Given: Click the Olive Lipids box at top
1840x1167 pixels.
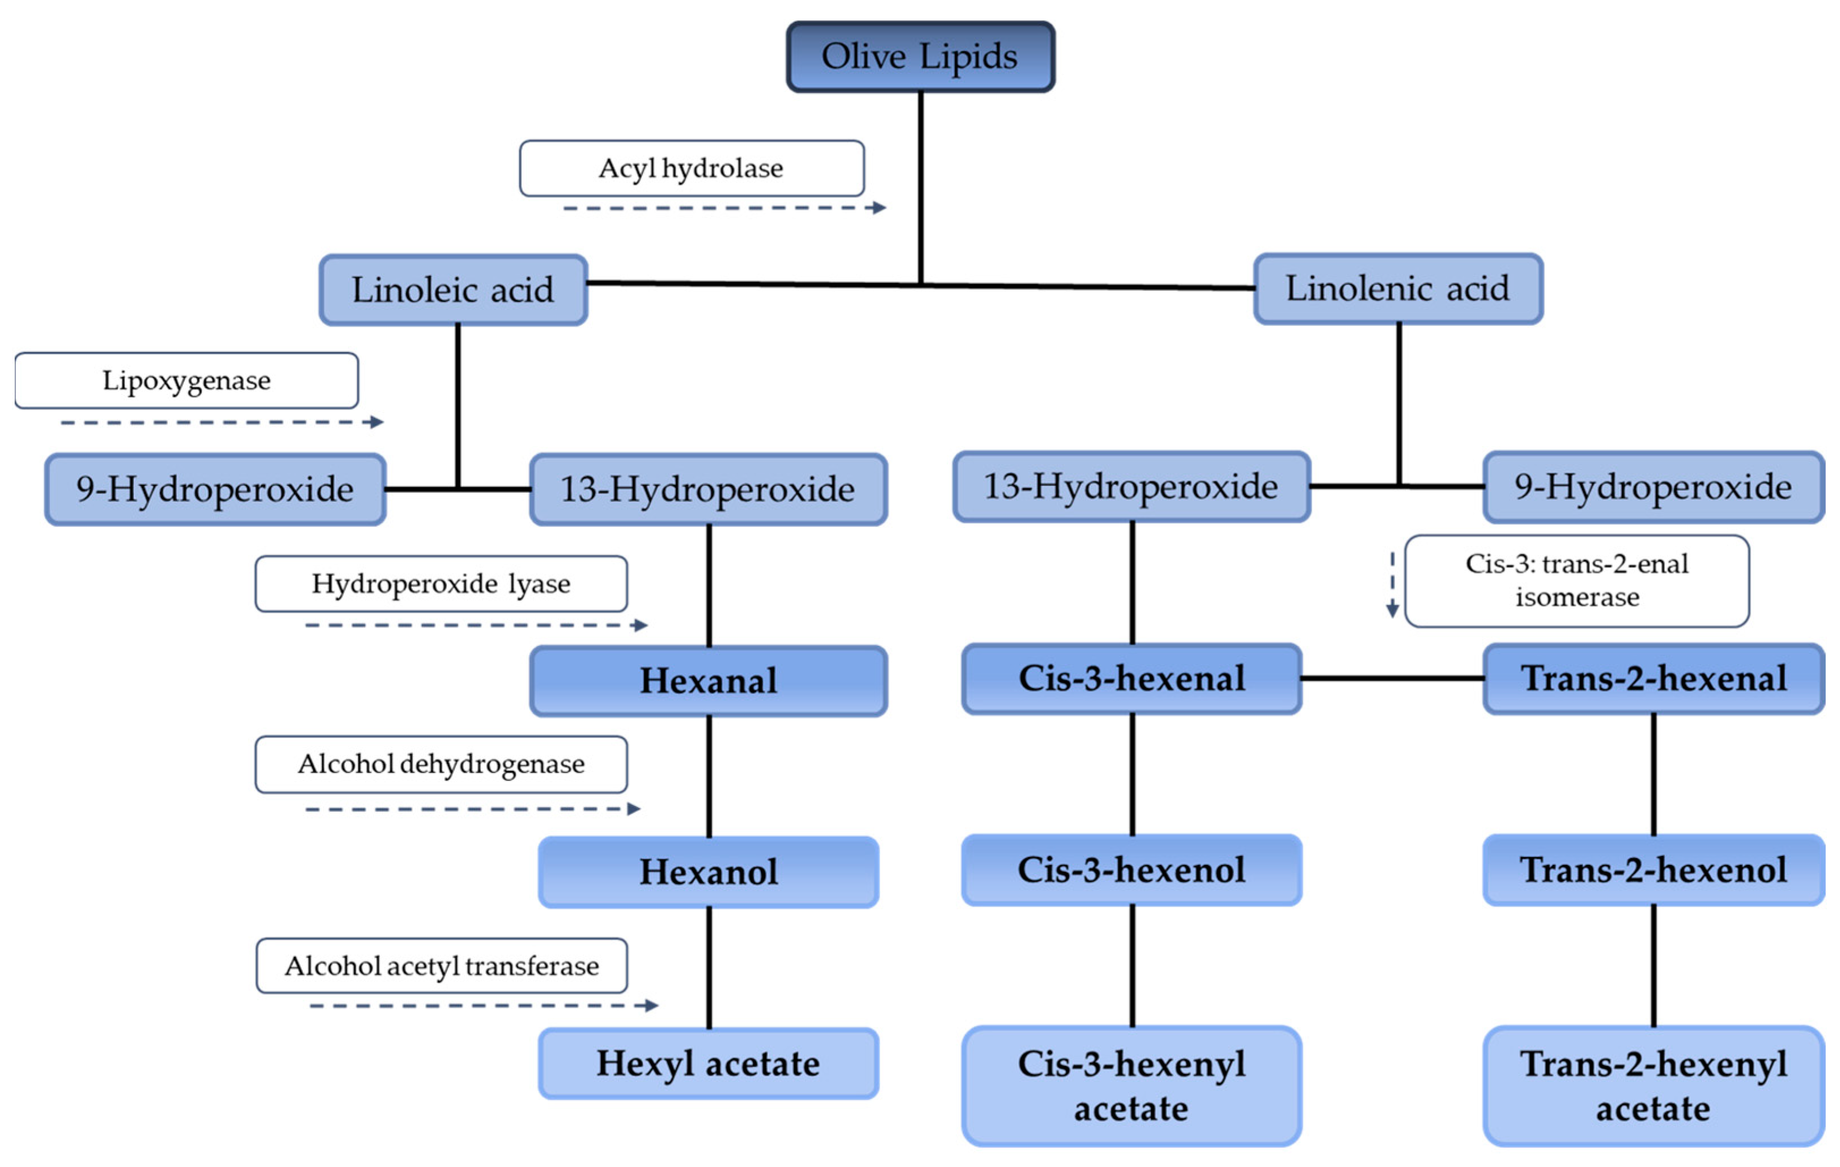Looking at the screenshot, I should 920,57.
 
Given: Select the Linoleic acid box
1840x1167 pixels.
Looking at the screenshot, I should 453,290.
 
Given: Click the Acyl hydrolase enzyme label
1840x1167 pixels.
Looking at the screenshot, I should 692,168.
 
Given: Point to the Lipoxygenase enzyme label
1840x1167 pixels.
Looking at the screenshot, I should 186,381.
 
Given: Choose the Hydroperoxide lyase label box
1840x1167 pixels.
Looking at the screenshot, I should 441,584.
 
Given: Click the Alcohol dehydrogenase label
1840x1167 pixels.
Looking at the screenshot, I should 441,764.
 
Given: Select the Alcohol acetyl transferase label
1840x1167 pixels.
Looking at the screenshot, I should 441,966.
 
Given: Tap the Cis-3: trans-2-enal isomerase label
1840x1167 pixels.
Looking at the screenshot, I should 1576,581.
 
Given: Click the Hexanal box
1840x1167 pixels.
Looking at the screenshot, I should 709,681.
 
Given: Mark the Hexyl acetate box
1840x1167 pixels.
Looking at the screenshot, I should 709,1064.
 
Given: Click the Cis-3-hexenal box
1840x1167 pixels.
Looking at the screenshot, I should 1131,678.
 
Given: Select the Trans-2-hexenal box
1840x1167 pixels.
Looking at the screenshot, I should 1654,678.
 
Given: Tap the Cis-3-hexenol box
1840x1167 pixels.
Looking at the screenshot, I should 1131,869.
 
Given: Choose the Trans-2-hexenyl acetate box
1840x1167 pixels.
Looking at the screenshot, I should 1654,1086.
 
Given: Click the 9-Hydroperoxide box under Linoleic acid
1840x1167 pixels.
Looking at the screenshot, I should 215,490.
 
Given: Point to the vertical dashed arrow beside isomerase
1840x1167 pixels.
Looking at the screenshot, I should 1392,585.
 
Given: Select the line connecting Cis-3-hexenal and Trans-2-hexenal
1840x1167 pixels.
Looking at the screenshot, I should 1392,678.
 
